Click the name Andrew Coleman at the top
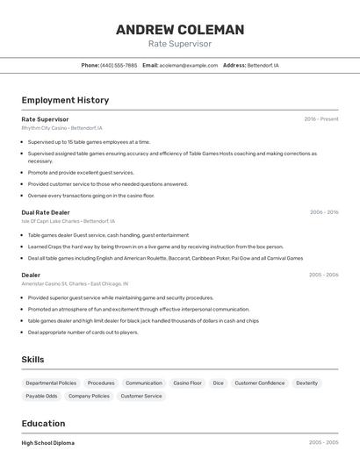(180, 30)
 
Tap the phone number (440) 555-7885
(119, 65)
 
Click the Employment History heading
(65, 100)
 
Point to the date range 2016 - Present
(320, 119)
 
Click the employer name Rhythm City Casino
(45, 127)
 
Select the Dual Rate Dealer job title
(46, 212)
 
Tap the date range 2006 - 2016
(323, 212)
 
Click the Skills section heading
(32, 359)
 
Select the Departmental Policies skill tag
(51, 383)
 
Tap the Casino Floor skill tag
(187, 383)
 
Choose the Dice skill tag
(218, 383)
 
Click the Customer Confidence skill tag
(259, 383)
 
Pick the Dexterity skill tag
(306, 383)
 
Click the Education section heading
(44, 423)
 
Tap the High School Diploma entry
(48, 443)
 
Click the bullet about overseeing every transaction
(90, 196)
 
